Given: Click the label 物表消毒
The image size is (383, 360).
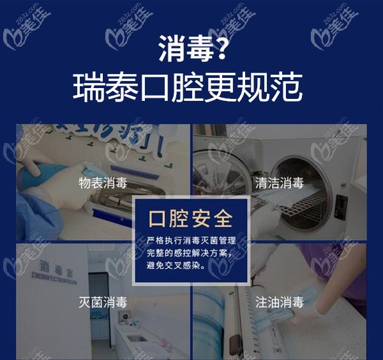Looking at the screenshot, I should tap(103, 183).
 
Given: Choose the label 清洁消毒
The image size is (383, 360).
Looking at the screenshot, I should tap(279, 183).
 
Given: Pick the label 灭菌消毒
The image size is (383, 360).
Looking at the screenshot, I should tap(103, 302).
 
